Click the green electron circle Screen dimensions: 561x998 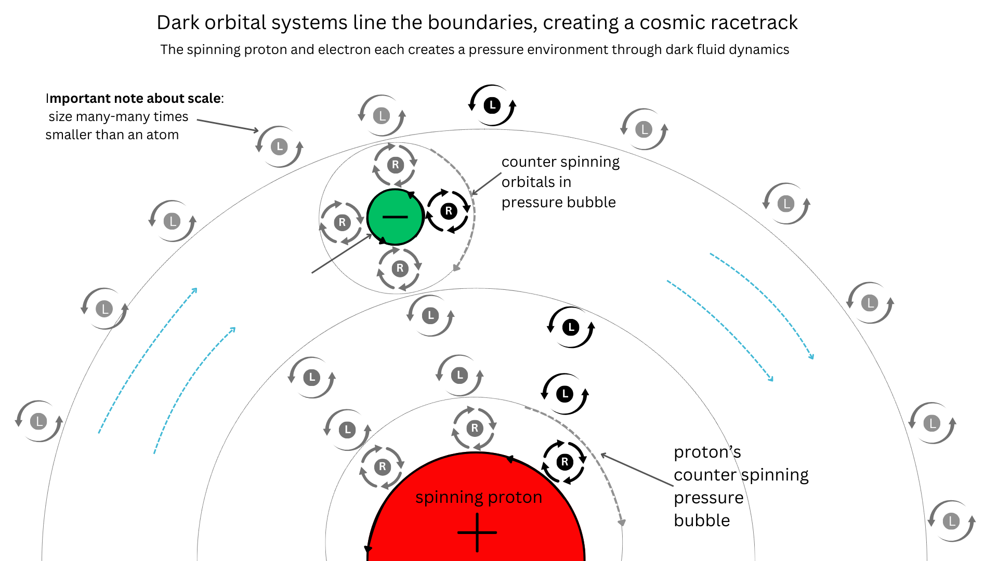click(395, 229)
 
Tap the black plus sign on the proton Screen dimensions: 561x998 click(477, 532)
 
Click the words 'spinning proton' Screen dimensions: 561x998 click(479, 497)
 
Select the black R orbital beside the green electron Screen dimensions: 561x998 click(449, 211)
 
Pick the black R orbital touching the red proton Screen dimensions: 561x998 click(564, 462)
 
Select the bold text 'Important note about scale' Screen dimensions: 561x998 click(134, 98)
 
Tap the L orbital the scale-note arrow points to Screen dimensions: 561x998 click(280, 147)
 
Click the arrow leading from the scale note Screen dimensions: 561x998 click(228, 125)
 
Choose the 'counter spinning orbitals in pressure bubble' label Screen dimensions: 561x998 click(560, 182)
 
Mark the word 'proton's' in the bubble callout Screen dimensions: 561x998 click(707, 452)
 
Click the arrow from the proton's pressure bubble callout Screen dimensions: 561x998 click(636, 470)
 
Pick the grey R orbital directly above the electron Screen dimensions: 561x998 click(395, 165)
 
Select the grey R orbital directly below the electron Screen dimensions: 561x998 click(399, 269)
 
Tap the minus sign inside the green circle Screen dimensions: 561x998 click(395, 217)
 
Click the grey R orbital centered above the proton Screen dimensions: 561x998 click(474, 429)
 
